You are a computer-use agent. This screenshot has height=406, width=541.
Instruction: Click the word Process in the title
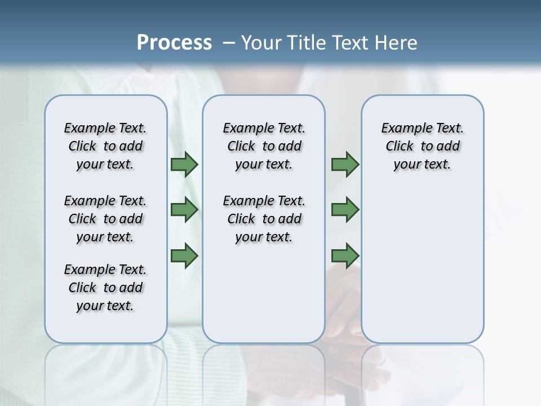[x=174, y=43]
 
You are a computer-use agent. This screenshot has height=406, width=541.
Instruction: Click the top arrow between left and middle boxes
[x=184, y=165]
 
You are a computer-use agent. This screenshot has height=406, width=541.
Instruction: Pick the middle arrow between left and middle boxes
[x=184, y=210]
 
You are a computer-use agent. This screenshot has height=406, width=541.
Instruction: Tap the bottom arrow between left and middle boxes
[x=184, y=255]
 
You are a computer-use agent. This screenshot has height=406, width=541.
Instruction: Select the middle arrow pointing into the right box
[x=345, y=210]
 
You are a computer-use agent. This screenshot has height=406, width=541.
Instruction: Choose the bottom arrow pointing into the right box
[x=345, y=255]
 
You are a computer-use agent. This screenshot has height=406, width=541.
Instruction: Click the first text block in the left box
[x=105, y=147]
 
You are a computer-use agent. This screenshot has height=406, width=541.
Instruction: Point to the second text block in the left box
[x=105, y=219]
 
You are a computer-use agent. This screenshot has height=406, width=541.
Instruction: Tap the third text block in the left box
[x=105, y=288]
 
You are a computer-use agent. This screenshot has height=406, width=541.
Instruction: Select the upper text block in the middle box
[x=264, y=147]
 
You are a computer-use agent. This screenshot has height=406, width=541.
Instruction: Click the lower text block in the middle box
[x=264, y=219]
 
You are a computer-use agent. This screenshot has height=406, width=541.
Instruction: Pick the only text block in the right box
[x=422, y=147]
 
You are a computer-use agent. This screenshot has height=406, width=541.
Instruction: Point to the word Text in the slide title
[x=349, y=43]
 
